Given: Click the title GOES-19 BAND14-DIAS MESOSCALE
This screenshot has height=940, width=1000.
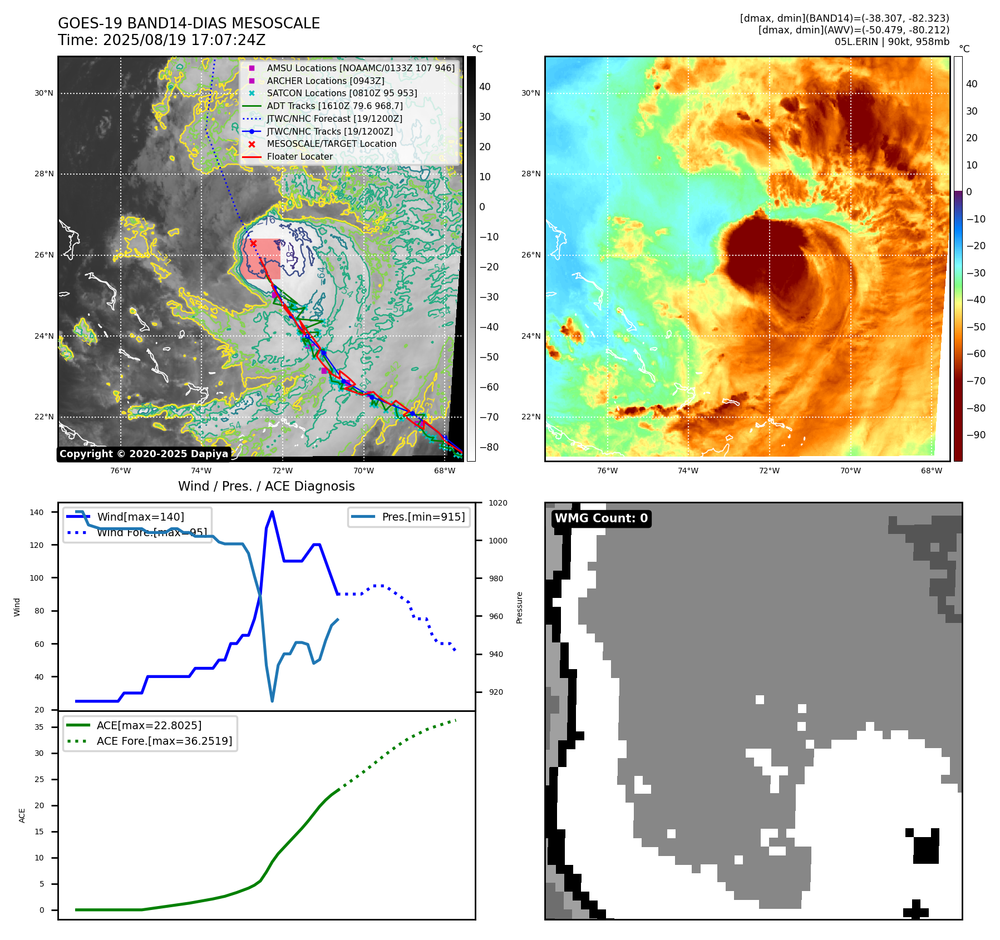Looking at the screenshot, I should coord(189,23).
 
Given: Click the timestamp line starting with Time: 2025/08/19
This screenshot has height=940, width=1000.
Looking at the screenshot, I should coord(161,40).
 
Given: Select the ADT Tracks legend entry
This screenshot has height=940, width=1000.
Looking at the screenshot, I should coord(334,106).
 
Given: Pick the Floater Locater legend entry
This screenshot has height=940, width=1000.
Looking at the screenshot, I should coord(299,156).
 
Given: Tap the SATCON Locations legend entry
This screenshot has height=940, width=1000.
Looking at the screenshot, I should coord(342,93).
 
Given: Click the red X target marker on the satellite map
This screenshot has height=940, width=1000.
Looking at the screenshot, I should coord(253,243).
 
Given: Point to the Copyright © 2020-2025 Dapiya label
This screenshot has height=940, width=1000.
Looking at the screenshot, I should coord(144,454).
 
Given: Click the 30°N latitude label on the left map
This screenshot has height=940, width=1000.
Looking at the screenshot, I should coord(44,93).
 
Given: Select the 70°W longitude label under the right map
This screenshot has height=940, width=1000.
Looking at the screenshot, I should coord(850,471).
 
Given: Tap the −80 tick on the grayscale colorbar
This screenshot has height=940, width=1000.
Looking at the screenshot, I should coord(489,447).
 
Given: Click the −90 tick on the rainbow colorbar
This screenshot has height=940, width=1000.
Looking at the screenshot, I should coord(976,435).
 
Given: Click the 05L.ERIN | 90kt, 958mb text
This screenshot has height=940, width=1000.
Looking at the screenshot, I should coord(891,42).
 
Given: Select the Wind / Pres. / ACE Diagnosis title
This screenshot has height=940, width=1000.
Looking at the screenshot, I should coord(266,486).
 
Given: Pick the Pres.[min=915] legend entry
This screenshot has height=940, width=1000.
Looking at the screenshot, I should coord(423,517).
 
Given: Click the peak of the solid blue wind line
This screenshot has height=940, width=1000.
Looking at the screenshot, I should coord(272,512).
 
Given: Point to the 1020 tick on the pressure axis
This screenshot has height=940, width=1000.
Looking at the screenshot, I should coord(497,503).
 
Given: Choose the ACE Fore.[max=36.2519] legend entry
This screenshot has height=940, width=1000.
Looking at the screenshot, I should coord(164,741).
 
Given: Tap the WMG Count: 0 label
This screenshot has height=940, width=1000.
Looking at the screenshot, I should coord(601,518).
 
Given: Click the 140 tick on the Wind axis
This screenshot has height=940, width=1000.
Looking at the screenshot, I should coord(37,512).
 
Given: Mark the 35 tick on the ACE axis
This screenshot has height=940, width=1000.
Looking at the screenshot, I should coord(39,727).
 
